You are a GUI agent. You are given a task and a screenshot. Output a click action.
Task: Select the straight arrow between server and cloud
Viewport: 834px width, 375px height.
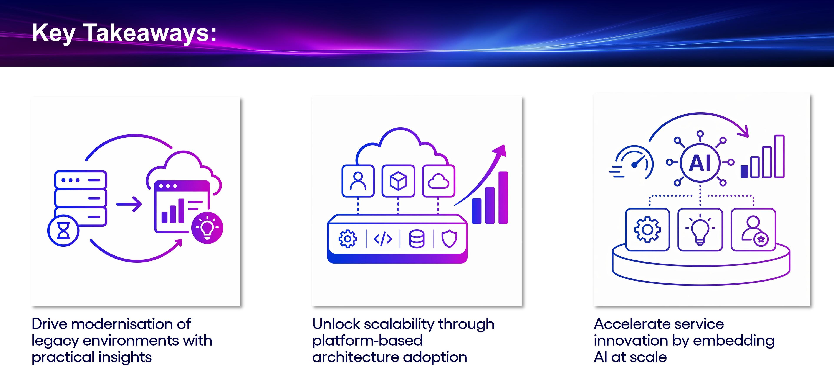click(129, 204)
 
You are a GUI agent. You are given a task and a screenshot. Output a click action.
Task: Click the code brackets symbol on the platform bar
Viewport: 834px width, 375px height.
click(383, 239)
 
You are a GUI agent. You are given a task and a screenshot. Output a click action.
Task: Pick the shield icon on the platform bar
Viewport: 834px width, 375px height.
click(449, 239)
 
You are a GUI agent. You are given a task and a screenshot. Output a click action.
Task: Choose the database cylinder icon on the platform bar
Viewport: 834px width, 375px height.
click(417, 239)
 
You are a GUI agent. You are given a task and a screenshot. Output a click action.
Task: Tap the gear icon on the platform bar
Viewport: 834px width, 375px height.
click(348, 239)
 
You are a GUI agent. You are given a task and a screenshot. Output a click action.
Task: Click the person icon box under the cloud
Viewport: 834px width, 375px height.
click(358, 181)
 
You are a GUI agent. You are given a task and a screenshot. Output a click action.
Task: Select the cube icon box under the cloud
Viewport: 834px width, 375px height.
click(398, 181)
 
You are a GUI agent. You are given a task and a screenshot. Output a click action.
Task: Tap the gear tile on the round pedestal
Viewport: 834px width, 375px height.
click(647, 229)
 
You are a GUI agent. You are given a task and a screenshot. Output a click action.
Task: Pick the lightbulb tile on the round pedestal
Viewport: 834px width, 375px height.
click(700, 229)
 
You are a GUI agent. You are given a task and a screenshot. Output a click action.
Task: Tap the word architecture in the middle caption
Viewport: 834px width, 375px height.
click(356, 357)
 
